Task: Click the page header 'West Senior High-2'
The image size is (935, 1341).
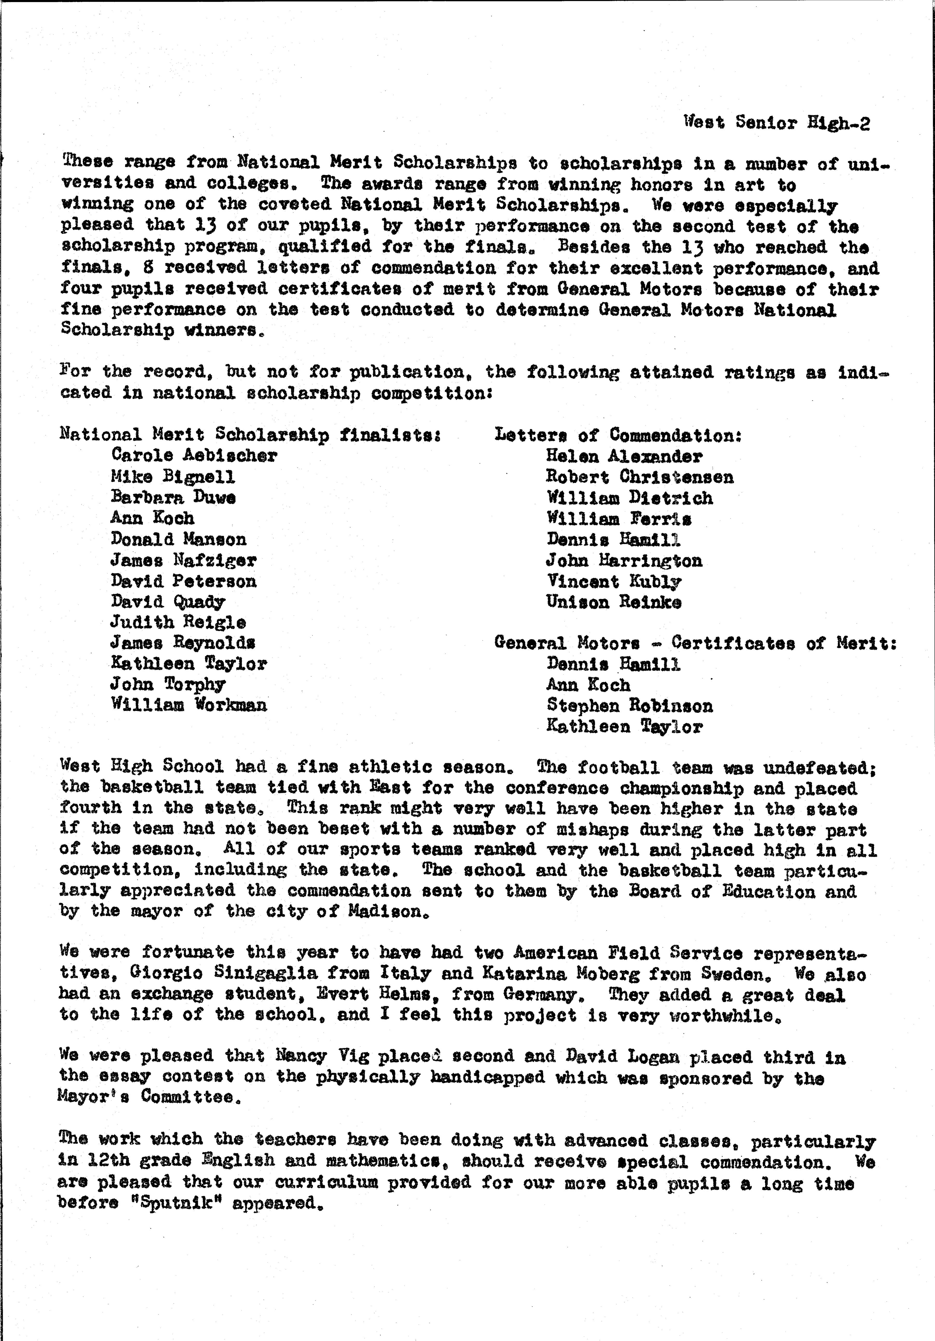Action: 777,123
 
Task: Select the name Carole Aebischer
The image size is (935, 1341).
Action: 194,456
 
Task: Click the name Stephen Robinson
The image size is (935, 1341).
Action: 630,706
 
